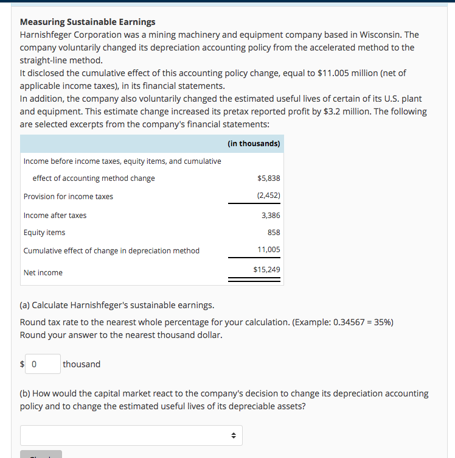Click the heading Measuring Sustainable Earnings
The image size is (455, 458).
(88, 22)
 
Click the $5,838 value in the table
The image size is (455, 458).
(269, 178)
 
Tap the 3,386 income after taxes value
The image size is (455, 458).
(271, 216)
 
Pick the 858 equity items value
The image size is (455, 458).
(274, 233)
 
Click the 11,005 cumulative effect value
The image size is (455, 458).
(269, 250)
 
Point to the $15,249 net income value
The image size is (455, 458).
(266, 269)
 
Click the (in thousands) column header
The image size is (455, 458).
(254, 144)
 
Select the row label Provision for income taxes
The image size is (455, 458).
(68, 197)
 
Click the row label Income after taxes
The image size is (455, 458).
(55, 216)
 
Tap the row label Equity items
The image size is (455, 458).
(44, 233)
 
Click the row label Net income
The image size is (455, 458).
(43, 273)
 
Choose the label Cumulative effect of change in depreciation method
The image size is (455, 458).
(111, 251)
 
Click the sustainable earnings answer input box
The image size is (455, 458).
(43, 364)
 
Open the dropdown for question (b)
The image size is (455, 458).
(131, 435)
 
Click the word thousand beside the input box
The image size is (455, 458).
(82, 364)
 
